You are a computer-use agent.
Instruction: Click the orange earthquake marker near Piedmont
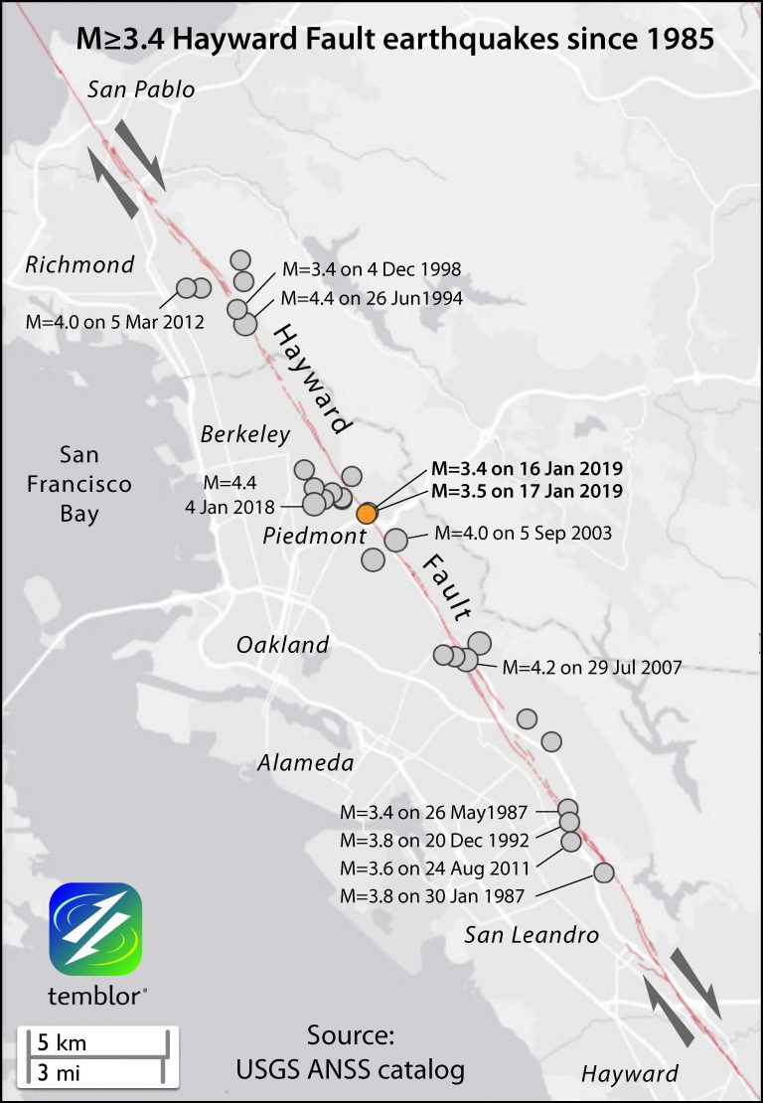(x=367, y=513)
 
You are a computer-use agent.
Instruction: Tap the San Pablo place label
(x=141, y=90)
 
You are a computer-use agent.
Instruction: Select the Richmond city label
(x=80, y=265)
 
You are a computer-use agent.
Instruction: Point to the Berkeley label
(x=245, y=434)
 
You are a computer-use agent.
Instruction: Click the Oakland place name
(x=282, y=645)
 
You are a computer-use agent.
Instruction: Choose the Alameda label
(x=306, y=763)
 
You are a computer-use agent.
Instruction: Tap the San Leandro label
(x=533, y=935)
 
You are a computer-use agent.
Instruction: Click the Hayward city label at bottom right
(x=630, y=1074)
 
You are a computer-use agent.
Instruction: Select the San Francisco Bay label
(x=78, y=485)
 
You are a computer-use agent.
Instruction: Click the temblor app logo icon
(x=95, y=929)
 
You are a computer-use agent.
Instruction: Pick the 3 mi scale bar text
(x=61, y=1072)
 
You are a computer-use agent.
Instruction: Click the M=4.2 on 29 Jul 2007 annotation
(x=592, y=668)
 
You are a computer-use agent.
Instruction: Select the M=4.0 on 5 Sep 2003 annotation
(x=523, y=534)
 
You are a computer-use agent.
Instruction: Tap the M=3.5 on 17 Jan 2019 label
(x=527, y=491)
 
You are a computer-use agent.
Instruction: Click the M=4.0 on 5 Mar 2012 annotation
(x=115, y=322)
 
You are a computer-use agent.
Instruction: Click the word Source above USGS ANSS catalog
(x=351, y=1036)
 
